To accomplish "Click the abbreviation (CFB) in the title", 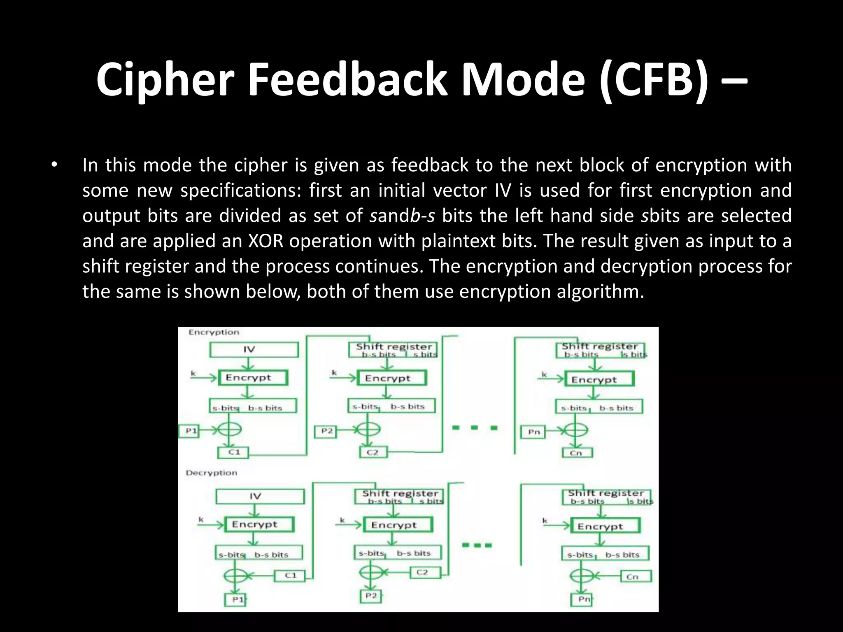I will [x=654, y=79].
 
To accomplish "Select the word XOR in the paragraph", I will [x=265, y=241].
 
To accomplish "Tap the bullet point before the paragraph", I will [x=54, y=165].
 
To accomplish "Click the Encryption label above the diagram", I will [x=214, y=332].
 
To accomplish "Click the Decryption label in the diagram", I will [x=211, y=473].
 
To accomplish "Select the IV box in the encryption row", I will [x=254, y=350].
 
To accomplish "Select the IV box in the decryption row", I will [x=260, y=496].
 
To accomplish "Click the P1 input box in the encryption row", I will [x=191, y=431].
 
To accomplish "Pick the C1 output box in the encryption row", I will [x=233, y=452].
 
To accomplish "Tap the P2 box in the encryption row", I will [x=326, y=431].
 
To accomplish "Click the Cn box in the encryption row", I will [x=577, y=453].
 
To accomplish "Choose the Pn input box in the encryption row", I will [x=534, y=432].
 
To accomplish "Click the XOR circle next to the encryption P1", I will [x=229, y=430].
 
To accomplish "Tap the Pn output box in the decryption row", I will [x=582, y=599].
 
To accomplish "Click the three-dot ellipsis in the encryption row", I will [x=475, y=428].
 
